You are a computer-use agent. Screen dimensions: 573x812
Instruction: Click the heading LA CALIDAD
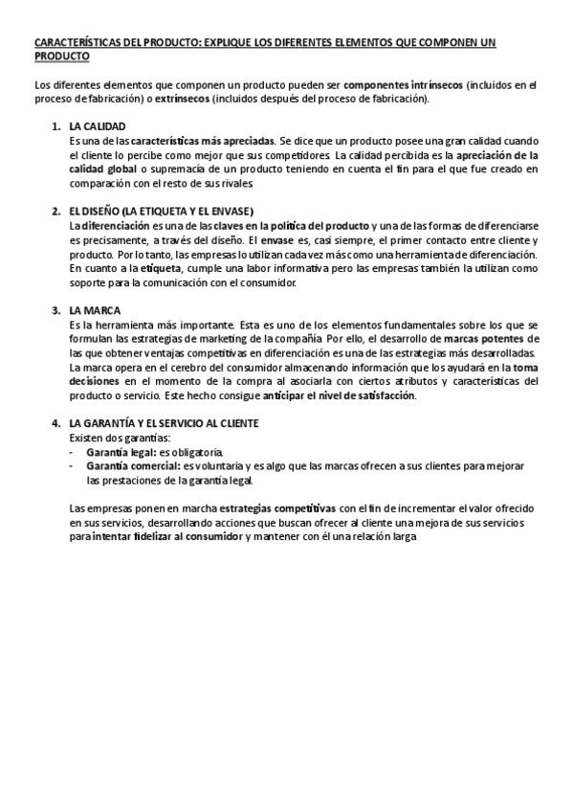coord(98,126)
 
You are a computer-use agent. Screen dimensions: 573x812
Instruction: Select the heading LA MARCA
coord(94,311)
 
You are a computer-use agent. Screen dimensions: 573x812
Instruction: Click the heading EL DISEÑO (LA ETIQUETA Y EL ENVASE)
coord(160,212)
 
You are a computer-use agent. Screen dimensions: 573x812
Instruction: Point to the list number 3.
coord(55,311)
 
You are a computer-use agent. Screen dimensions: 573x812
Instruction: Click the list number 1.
coord(55,126)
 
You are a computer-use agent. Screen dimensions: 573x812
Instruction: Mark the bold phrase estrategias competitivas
coord(276,508)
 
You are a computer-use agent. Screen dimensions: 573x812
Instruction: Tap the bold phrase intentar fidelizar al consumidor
coord(165,537)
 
